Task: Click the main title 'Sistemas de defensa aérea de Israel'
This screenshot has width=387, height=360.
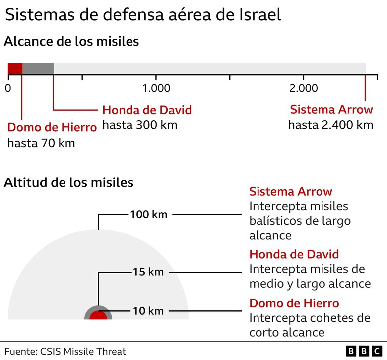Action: [143, 15]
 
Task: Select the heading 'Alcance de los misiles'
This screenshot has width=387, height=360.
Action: [71, 42]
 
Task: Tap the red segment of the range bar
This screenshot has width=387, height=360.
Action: [15, 69]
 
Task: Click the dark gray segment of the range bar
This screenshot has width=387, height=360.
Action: [38, 69]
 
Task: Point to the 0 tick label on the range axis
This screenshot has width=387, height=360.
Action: [8, 88]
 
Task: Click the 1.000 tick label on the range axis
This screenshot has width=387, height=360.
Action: [156, 88]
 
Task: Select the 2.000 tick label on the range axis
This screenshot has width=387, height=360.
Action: [304, 88]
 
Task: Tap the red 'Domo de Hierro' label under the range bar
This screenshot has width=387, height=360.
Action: [52, 127]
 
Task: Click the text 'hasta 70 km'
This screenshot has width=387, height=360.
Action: [41, 143]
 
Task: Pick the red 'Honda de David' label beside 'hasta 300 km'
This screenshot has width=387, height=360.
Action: [146, 110]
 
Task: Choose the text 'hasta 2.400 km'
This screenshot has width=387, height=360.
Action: [330, 125]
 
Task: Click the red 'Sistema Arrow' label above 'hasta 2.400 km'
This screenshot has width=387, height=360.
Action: [331, 110]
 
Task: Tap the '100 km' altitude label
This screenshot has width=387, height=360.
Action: [148, 215]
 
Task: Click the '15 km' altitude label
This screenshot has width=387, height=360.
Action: [148, 272]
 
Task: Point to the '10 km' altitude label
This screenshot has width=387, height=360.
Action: [148, 311]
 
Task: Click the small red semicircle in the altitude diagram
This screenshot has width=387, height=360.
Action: [98, 316]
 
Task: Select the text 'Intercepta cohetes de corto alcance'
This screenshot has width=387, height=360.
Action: [310, 325]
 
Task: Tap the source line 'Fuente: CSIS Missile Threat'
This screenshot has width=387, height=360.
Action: [65, 351]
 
